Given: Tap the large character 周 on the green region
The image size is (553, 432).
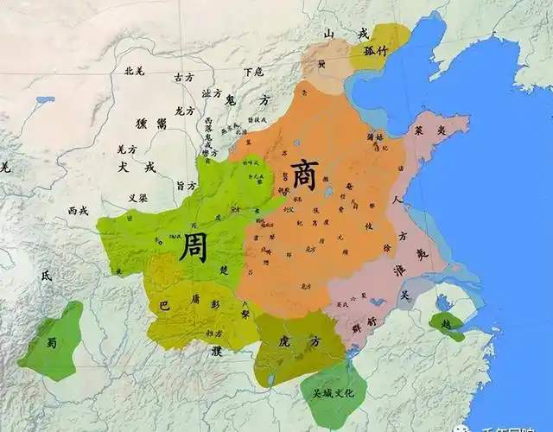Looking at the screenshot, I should (194, 247).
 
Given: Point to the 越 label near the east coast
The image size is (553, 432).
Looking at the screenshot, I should (447, 324).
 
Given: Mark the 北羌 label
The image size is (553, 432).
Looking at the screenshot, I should (135, 71).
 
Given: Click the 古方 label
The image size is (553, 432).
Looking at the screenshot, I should (184, 77).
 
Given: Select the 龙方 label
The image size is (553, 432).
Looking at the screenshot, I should (184, 111).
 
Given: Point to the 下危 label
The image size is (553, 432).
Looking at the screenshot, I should (253, 71).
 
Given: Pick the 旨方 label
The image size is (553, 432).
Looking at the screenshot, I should (187, 184).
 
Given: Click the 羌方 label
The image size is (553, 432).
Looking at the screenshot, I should (127, 149).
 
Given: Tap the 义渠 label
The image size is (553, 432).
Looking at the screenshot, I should (138, 197).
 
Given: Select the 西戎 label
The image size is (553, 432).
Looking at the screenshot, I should (78, 210).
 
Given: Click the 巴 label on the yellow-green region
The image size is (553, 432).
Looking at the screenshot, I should (164, 306).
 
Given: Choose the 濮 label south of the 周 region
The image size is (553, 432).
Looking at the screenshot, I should (216, 352).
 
